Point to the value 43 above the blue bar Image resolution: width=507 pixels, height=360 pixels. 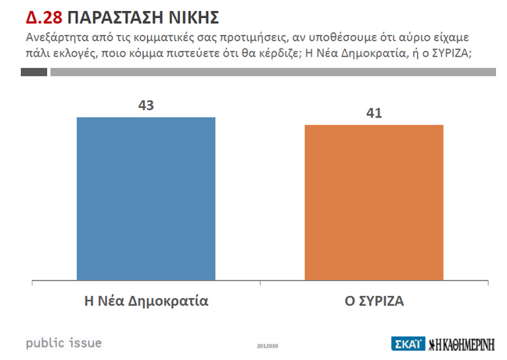coord(146,106)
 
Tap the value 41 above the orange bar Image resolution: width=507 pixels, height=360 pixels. coord(374,113)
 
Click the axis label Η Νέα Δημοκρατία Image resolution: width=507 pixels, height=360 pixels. coord(146,301)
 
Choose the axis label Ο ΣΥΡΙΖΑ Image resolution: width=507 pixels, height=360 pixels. coord(374,301)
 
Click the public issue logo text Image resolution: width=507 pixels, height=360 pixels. coord(63,343)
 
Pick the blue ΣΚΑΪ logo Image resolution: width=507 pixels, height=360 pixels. coord(407,344)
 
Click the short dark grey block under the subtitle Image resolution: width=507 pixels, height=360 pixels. coord(34,72)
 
